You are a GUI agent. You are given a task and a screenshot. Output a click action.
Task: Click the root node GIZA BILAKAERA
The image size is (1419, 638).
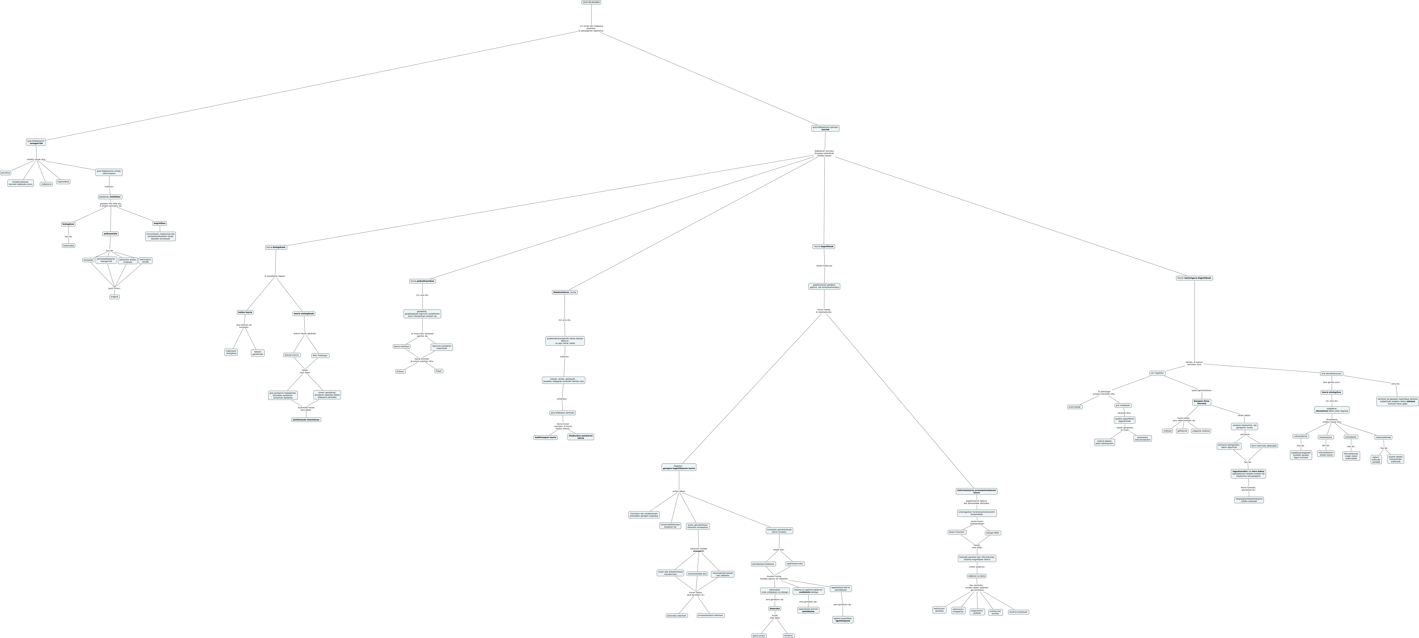(x=591, y=2)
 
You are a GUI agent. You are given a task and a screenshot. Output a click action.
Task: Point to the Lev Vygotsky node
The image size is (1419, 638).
(x=1157, y=373)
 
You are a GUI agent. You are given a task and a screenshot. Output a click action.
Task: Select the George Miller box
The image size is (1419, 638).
(x=993, y=533)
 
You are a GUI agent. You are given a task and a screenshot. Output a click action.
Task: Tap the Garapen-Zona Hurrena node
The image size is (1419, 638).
(x=1201, y=402)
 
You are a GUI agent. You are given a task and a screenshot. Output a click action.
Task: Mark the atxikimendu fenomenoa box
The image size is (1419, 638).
(x=306, y=420)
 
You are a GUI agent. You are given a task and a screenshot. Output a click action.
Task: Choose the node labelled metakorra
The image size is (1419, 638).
(x=46, y=184)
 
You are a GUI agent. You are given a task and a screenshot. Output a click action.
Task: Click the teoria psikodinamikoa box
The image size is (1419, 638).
(x=423, y=281)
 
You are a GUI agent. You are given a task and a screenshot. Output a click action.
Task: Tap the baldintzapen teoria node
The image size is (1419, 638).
(x=545, y=438)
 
